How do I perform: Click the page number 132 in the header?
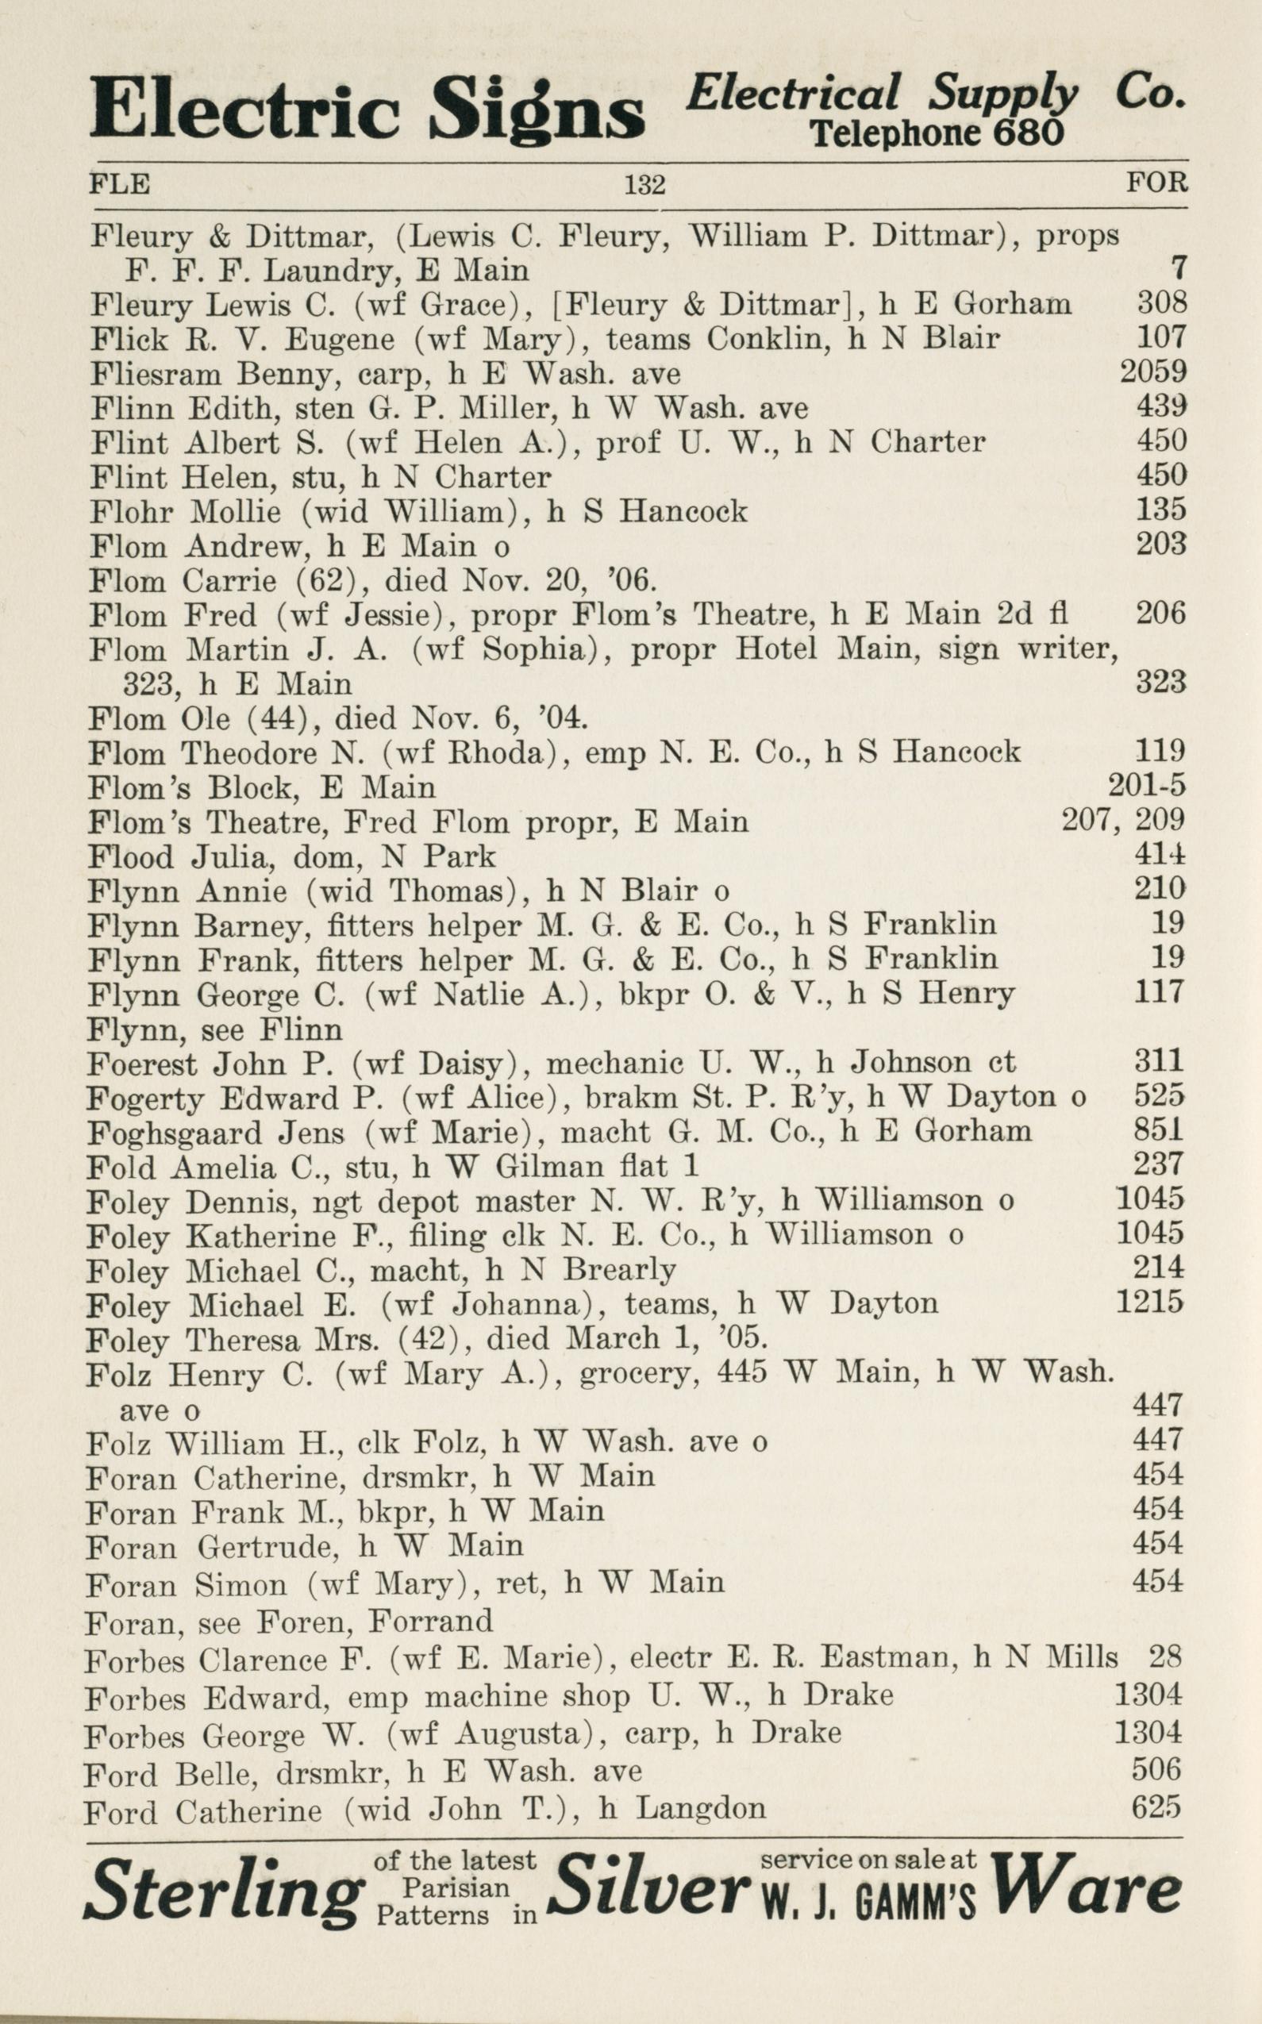click(644, 183)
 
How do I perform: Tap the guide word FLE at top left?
click(119, 183)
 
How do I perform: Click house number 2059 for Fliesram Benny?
click(1152, 371)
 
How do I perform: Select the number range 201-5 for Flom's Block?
click(1147, 787)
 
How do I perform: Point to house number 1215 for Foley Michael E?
click(1149, 1303)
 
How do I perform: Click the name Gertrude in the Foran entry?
click(267, 1547)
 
